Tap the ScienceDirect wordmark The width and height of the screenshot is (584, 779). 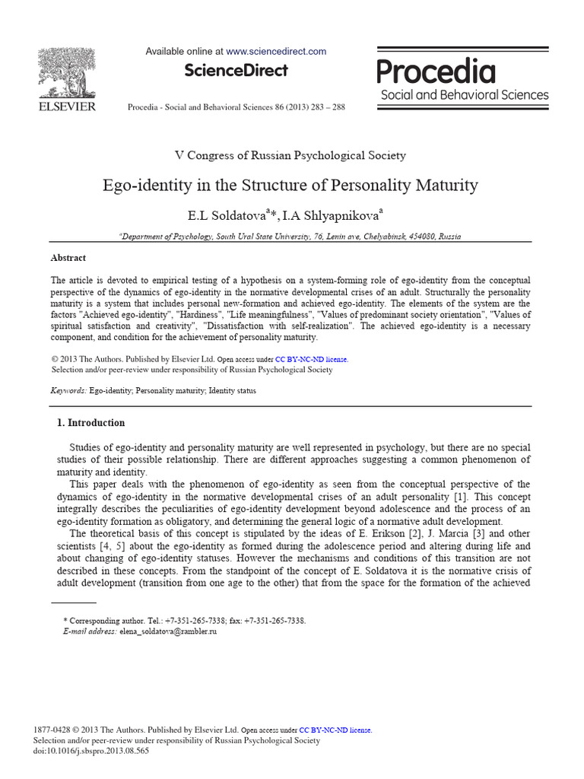point(236,71)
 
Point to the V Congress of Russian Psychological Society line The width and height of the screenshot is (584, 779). point(290,155)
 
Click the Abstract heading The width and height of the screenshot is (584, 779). point(68,258)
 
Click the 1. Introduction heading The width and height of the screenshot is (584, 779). point(91,423)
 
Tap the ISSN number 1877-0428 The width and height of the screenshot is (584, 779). point(54,730)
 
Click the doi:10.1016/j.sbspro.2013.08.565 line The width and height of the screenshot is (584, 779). point(92,751)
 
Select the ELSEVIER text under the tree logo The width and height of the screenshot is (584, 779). point(67,107)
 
